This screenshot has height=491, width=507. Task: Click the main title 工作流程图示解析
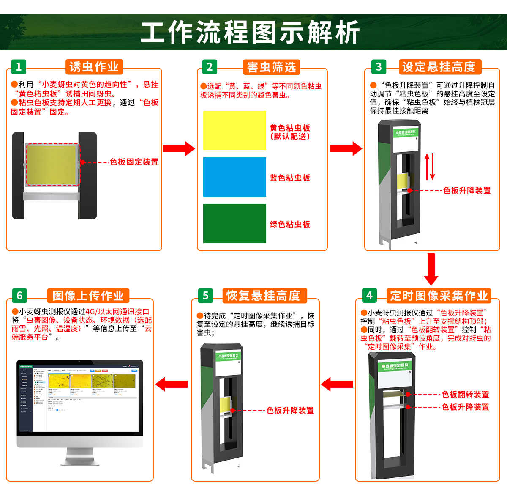[x=250, y=32]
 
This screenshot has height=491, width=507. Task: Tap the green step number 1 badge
[x=19, y=67]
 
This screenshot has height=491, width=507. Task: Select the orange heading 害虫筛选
[x=271, y=67]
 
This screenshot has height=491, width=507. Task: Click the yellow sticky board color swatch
[x=234, y=131]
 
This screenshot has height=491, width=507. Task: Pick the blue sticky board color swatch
[x=234, y=177]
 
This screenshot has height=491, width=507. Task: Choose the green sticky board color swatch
[x=234, y=224]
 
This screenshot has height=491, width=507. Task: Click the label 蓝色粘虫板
[x=290, y=178]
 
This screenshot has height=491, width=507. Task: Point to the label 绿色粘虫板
[x=290, y=225]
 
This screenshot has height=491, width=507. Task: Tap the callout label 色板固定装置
[x=134, y=162]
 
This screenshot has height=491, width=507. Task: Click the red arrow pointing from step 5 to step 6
[x=172, y=384]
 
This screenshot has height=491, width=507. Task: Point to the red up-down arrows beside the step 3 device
[x=429, y=166]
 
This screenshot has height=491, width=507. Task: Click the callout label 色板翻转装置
[x=465, y=395]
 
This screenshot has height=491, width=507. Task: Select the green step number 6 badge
[x=19, y=296]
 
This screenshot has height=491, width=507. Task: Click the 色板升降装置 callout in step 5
[x=290, y=411]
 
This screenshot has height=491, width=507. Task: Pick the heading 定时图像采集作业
[x=439, y=296]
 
